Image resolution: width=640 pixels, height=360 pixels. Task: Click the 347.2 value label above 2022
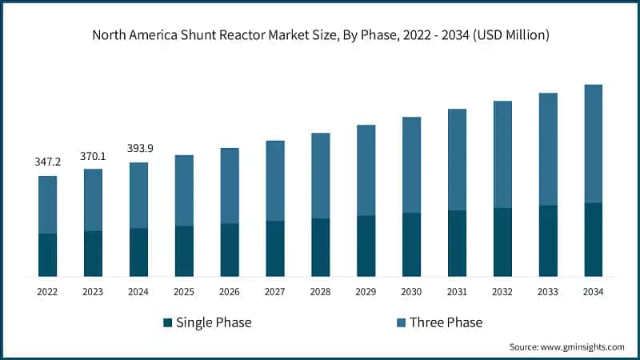pos(47,162)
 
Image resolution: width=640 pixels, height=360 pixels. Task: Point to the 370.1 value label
pos(93,155)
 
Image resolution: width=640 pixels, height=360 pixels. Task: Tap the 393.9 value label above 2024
pos(138,148)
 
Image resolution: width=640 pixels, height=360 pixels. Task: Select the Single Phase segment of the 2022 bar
pos(47,255)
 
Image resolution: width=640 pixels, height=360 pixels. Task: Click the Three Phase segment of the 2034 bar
pos(593,144)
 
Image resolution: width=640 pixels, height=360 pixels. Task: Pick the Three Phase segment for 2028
pos(320,175)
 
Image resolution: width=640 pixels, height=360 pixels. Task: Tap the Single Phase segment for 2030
pos(411,244)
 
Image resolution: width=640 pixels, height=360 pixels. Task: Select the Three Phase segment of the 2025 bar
pos(184,190)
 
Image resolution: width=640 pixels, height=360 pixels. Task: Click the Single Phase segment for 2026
pos(230,250)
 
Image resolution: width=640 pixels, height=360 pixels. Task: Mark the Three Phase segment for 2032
pos(502,154)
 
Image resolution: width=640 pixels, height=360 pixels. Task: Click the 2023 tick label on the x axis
pos(93,292)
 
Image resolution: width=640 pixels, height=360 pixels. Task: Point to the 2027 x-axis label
pos(274,292)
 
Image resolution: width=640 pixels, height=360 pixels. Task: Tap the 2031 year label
pos(457,292)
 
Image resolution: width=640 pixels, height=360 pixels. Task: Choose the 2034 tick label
pos(593,292)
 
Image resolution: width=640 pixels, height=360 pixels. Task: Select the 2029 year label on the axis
pos(366,292)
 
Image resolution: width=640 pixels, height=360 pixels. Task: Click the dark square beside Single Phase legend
pos(167,322)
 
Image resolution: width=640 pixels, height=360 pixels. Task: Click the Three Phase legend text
pos(446,322)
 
